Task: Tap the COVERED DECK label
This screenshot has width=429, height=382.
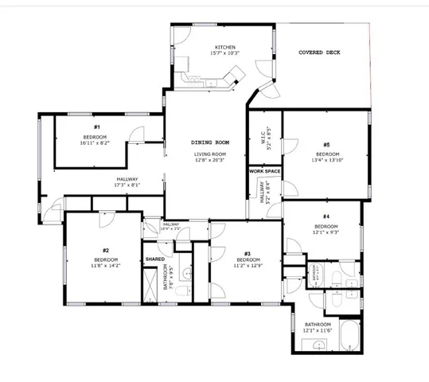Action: coord(319,53)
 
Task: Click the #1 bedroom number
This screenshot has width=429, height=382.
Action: coord(96,127)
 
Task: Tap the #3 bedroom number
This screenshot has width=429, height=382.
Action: coord(248,254)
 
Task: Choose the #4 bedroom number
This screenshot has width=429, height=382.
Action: coord(326,216)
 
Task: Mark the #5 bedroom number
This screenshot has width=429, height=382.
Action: coord(327,144)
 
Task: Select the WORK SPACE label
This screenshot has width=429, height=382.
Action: coord(265,171)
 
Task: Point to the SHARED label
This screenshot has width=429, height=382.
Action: coord(155,259)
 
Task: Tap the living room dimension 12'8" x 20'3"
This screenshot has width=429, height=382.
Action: coord(208,160)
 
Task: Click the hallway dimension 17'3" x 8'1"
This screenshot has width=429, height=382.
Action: coord(127,185)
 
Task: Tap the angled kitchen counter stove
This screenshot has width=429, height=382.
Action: coord(236,76)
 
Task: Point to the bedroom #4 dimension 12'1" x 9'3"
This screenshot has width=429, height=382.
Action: coord(326,232)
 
